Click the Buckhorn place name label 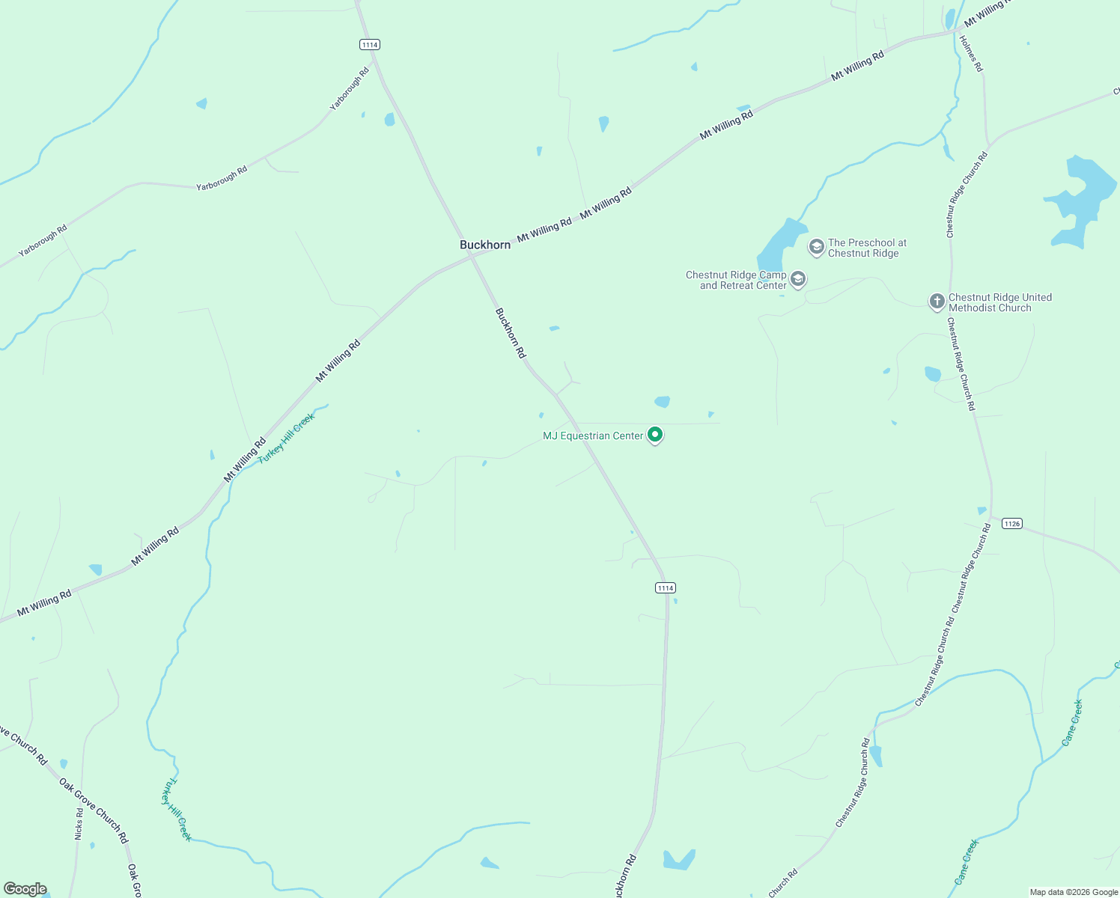(x=485, y=245)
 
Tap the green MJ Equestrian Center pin (x=655, y=434)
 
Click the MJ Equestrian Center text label (x=593, y=436)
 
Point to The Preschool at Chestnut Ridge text (x=867, y=248)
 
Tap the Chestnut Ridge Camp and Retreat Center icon (x=798, y=279)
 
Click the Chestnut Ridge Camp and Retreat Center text (x=737, y=280)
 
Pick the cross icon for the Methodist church (x=937, y=302)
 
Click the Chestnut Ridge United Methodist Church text (x=999, y=302)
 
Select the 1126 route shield (x=1011, y=523)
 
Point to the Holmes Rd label (x=971, y=53)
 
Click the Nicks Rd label (x=79, y=823)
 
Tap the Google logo (x=25, y=889)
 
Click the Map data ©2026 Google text (x=1073, y=892)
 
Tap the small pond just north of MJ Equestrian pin (x=662, y=402)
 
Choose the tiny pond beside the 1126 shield (x=981, y=511)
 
